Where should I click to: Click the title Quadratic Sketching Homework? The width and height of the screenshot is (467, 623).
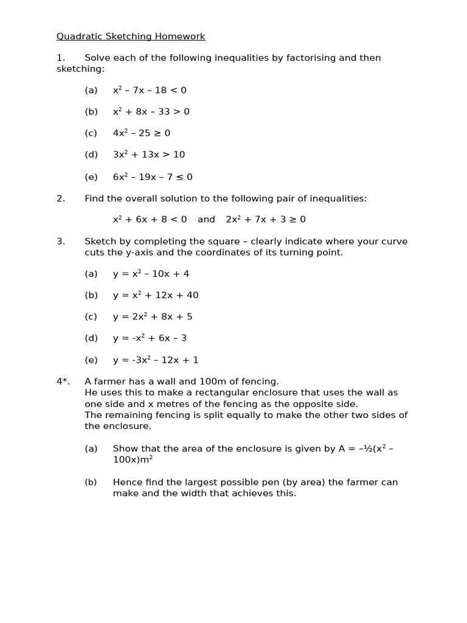click(131, 37)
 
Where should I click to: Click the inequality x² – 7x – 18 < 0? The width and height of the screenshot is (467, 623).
click(150, 91)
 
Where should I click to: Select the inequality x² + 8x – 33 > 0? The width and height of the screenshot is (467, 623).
click(151, 112)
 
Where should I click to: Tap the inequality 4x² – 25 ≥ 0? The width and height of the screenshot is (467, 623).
click(141, 133)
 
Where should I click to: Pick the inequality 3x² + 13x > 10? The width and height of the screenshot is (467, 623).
click(148, 155)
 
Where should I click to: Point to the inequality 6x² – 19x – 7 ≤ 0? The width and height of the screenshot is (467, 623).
click(152, 177)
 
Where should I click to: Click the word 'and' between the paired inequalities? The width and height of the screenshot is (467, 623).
click(206, 220)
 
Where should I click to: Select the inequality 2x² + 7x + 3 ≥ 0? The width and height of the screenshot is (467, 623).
click(266, 220)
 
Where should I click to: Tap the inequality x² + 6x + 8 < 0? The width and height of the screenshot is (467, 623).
click(150, 220)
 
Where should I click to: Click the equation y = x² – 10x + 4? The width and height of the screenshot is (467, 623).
click(151, 274)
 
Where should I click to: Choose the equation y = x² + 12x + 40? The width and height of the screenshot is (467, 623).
click(155, 295)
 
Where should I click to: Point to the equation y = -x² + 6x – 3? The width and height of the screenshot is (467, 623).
click(150, 338)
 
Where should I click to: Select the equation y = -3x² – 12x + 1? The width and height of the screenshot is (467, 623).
click(155, 360)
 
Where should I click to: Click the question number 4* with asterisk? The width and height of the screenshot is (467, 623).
click(63, 381)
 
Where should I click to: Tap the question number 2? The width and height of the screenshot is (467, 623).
click(60, 198)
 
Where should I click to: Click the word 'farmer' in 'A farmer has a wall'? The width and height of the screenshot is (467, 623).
click(110, 381)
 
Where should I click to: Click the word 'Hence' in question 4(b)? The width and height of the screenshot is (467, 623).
click(126, 482)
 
